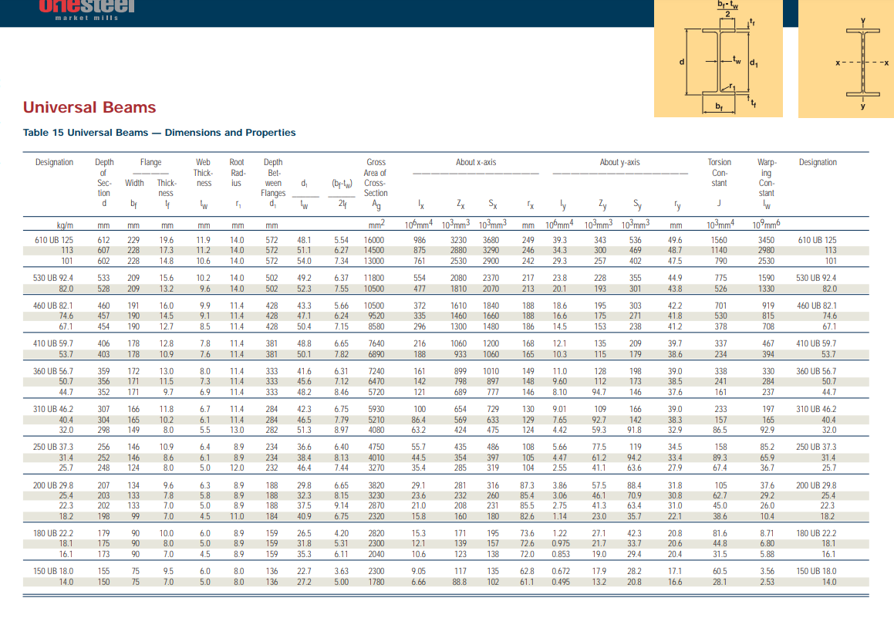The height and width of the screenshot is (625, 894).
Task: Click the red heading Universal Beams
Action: coord(89,108)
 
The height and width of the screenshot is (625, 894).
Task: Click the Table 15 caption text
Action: coord(160,133)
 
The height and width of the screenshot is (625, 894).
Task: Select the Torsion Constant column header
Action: coord(719,173)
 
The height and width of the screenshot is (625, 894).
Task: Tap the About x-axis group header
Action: coord(476,162)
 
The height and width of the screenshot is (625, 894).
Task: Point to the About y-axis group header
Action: coord(619,162)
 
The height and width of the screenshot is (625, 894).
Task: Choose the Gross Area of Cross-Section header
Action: coord(376,177)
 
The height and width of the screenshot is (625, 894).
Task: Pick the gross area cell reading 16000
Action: coord(374,240)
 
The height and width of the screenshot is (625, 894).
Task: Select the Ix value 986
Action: coord(419,240)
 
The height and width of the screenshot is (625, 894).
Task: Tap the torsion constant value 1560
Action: coord(718,240)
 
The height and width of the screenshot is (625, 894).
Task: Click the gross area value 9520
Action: coord(376,316)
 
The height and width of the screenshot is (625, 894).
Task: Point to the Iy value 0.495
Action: coord(561,582)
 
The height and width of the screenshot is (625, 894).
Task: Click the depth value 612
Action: coord(103,240)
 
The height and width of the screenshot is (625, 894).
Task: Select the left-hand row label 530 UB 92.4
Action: coord(53,278)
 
